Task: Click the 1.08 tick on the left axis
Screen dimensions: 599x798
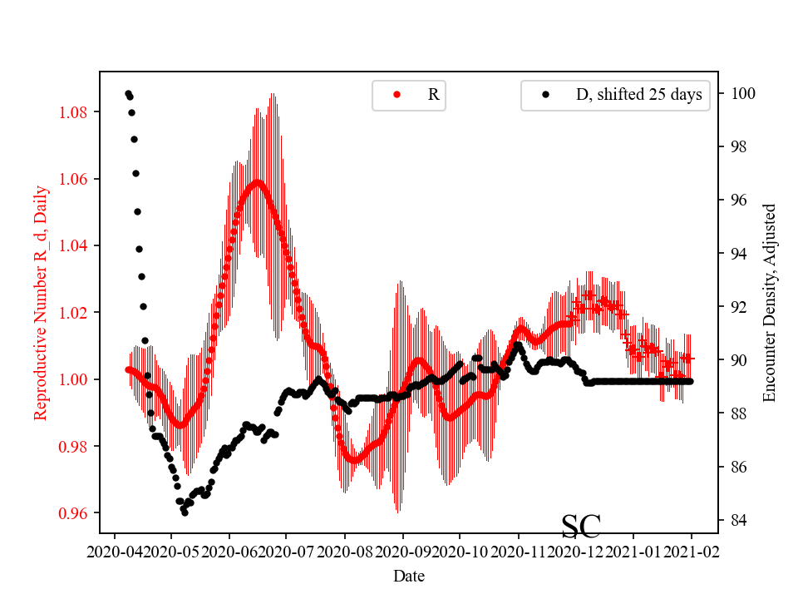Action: pos(76,112)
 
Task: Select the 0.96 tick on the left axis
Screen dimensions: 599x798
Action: pos(76,513)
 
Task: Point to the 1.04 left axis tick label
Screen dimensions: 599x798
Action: pos(76,246)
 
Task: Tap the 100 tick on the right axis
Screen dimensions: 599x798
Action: pos(740,93)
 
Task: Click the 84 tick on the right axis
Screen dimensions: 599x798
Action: pos(736,520)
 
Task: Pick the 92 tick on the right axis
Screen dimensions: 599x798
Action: pos(736,307)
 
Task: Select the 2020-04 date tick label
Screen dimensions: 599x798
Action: pos(114,551)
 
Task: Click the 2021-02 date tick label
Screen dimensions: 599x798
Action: pos(692,551)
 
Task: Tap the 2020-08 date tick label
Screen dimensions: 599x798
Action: pos(345,551)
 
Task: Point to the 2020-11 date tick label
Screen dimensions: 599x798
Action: pos(519,551)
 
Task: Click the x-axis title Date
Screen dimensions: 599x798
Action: pos(408,576)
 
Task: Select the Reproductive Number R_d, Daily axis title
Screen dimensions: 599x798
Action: pos(41,303)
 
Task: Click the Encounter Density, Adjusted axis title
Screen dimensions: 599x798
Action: pos(769,303)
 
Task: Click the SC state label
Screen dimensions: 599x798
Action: pos(581,526)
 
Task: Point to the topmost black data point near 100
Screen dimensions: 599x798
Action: pos(128,93)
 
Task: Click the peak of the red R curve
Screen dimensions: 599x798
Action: pos(257,181)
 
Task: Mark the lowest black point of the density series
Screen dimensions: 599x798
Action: pos(185,512)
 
